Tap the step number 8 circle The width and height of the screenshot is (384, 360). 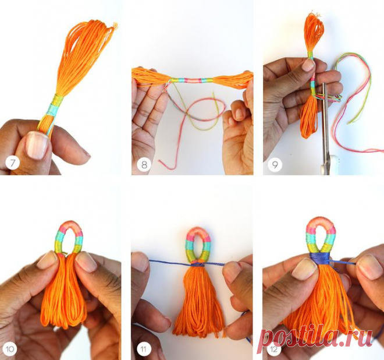click(x=144, y=164)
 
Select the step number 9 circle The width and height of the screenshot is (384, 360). click(x=275, y=164)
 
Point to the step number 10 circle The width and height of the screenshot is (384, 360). click(x=10, y=349)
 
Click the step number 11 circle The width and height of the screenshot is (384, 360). click(x=144, y=349)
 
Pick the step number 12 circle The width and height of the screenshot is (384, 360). click(x=274, y=349)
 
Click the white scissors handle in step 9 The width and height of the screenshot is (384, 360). click(x=328, y=164)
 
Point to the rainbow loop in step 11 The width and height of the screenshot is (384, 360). click(x=198, y=245)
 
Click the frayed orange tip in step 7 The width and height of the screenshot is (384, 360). click(x=115, y=25)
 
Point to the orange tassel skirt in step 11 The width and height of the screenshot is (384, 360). click(x=199, y=301)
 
